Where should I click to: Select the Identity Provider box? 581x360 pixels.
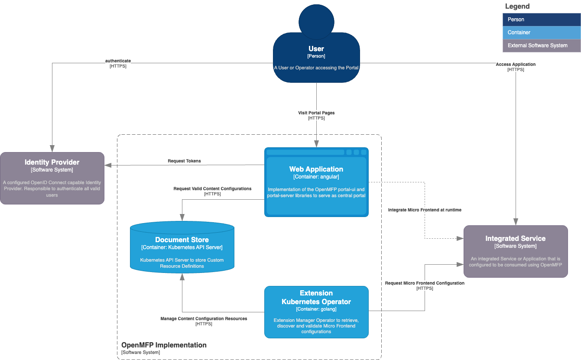pyautogui.click(x=52, y=178)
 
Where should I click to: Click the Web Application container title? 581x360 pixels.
pyautogui.click(x=316, y=169)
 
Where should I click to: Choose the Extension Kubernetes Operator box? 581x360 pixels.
pyautogui.click(x=316, y=312)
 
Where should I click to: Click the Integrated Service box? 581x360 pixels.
pyautogui.click(x=516, y=251)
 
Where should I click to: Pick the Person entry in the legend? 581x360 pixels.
pyautogui.click(x=542, y=19)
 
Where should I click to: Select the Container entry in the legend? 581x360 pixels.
pyautogui.click(x=542, y=32)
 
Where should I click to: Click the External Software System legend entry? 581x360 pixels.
pyautogui.click(x=542, y=45)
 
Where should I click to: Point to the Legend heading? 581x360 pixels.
pyautogui.click(x=517, y=6)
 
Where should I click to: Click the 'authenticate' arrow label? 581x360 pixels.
pyautogui.click(x=118, y=61)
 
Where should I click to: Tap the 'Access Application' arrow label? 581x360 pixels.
pyautogui.click(x=516, y=65)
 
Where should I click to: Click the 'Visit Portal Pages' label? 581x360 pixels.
pyautogui.click(x=316, y=113)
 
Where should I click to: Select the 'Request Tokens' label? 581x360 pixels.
pyautogui.click(x=184, y=161)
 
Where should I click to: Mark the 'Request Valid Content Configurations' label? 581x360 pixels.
pyautogui.click(x=212, y=189)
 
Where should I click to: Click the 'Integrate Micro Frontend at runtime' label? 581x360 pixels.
pyautogui.click(x=425, y=210)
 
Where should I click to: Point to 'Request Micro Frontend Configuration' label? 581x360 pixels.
pyautogui.click(x=425, y=283)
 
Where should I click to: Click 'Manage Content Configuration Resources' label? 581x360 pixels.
pyautogui.click(x=204, y=319)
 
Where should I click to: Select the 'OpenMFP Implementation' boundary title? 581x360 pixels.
pyautogui.click(x=164, y=345)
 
